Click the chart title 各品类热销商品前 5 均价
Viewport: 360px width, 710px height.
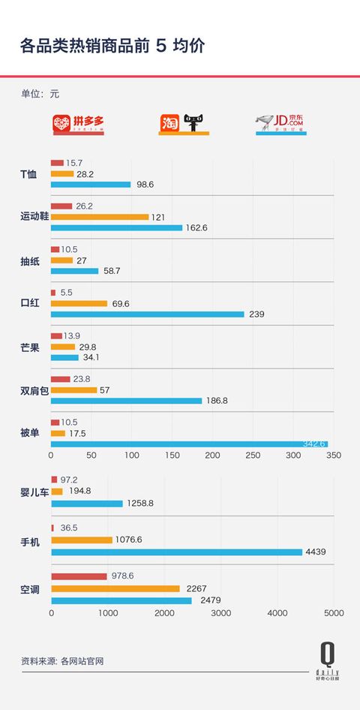click(112, 47)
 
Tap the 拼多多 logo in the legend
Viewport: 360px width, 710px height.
click(78, 123)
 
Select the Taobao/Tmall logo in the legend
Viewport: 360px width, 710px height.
click(183, 123)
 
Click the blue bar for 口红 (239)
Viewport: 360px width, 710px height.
click(147, 314)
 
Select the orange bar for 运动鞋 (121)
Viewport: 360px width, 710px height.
click(100, 217)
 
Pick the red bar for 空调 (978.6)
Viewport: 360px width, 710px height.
click(79, 576)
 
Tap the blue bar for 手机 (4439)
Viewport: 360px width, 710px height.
click(176, 552)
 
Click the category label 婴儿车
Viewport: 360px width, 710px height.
click(34, 492)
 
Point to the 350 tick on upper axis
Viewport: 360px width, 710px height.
click(334, 456)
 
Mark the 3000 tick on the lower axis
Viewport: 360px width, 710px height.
click(220, 613)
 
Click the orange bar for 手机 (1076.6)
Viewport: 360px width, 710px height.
click(81, 540)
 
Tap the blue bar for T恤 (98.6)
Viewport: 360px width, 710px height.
click(91, 185)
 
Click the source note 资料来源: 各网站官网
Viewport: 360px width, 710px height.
click(61, 661)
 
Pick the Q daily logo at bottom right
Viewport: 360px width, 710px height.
click(327, 660)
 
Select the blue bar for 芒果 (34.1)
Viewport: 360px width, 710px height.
click(64, 357)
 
